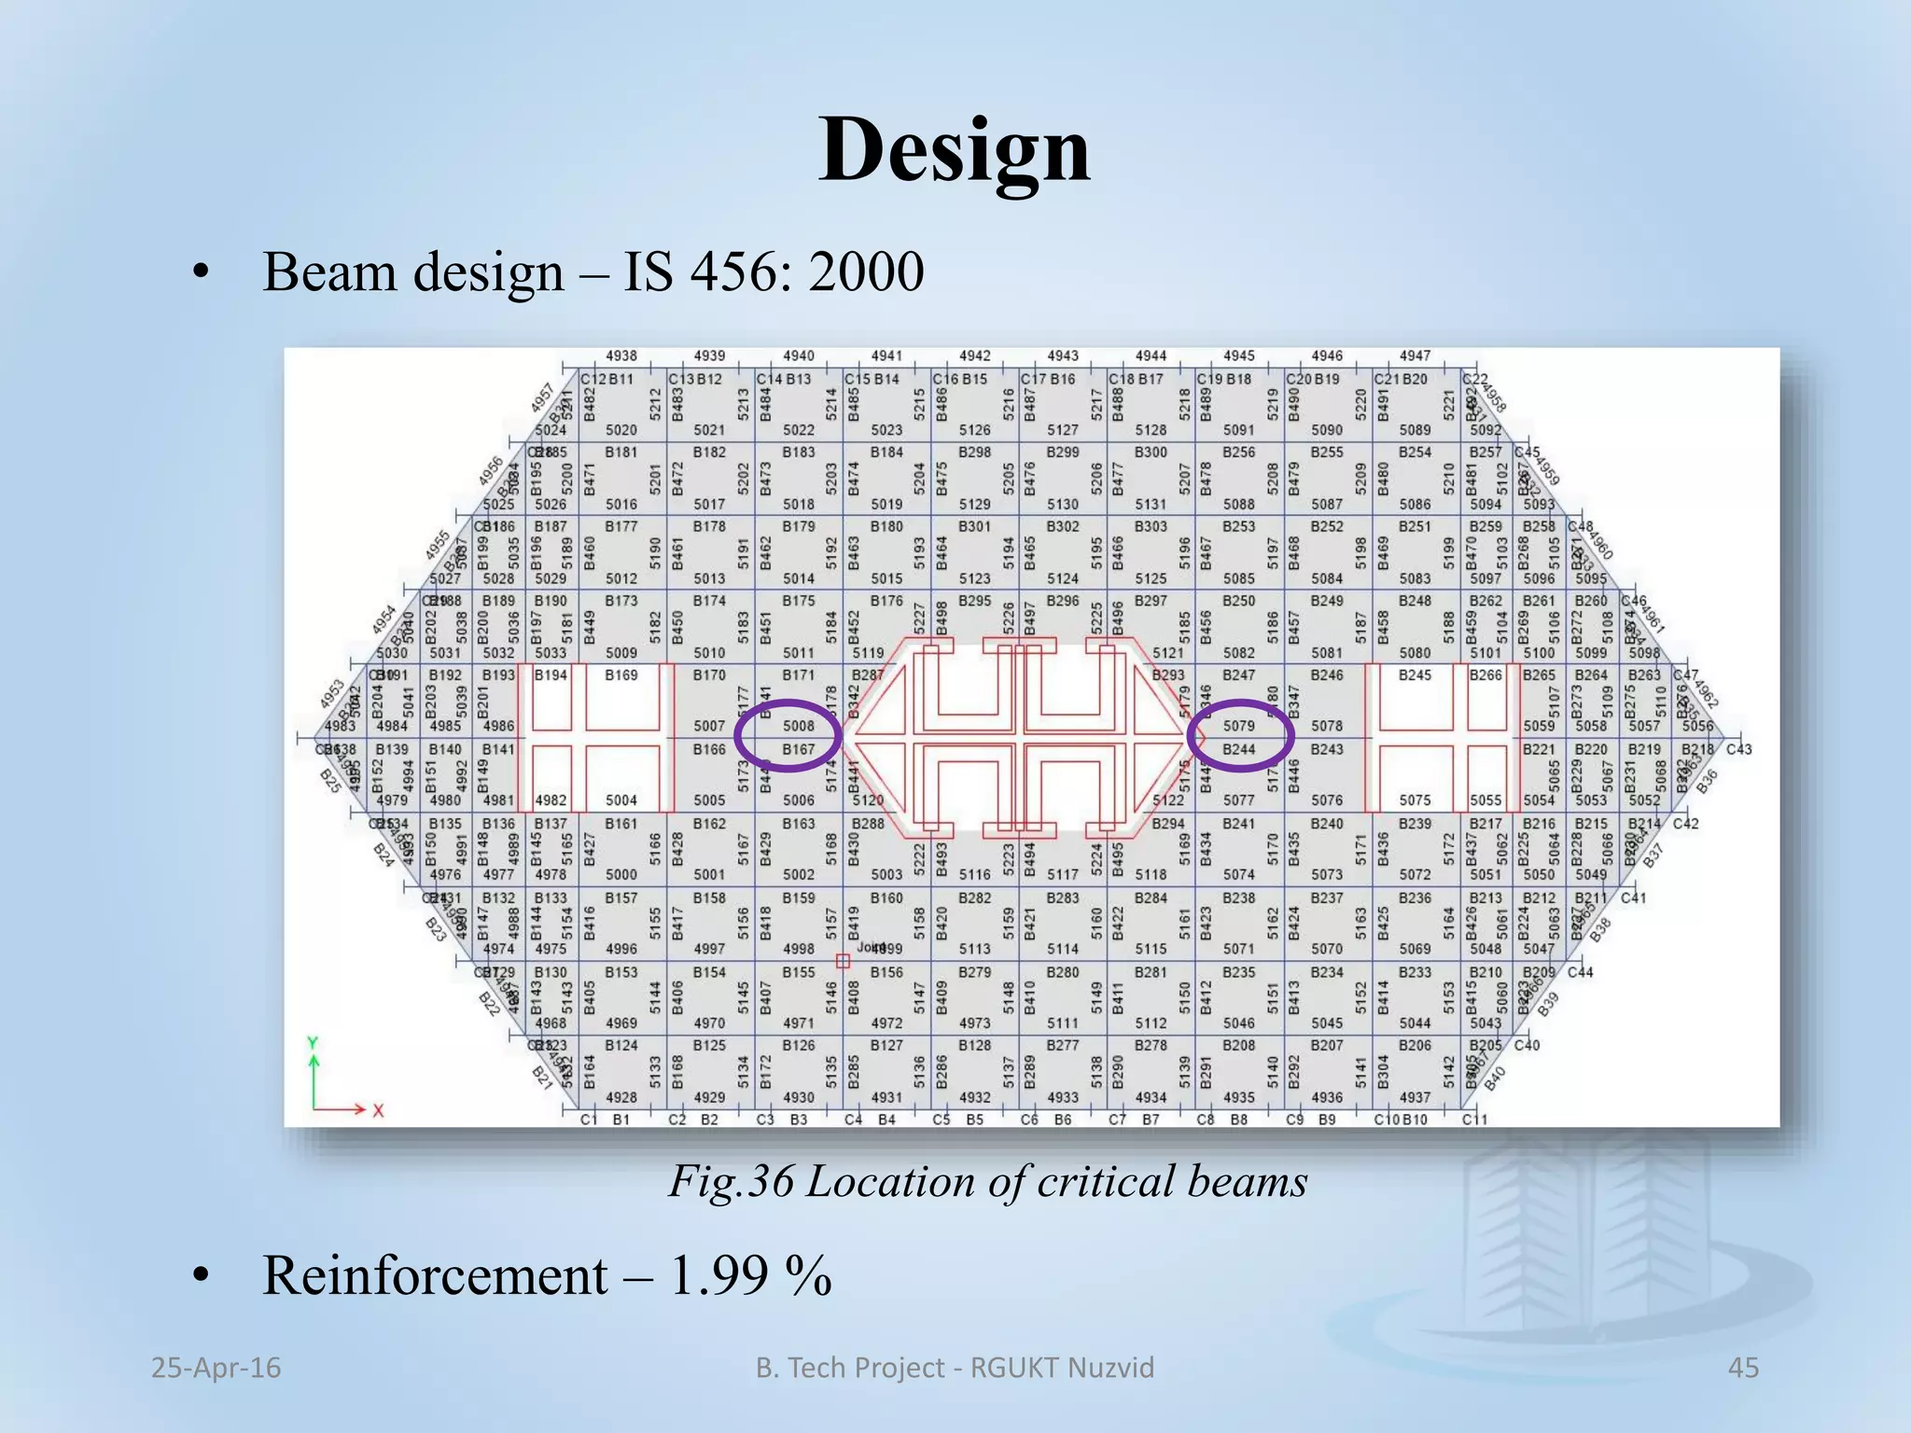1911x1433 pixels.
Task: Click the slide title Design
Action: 955,151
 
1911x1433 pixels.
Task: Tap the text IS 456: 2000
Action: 774,272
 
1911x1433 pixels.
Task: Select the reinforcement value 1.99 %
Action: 750,1275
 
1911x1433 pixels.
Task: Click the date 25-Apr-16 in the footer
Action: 216,1368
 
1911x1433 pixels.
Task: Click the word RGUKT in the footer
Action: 1014,1368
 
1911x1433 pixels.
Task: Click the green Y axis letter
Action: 314,1043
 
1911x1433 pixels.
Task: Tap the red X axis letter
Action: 378,1110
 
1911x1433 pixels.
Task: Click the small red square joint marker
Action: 843,961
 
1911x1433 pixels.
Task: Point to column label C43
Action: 1738,749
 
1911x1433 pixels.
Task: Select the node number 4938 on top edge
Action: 621,355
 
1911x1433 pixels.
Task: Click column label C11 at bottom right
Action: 1474,1120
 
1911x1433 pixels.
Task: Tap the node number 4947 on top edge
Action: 1415,355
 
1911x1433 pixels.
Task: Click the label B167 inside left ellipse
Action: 799,749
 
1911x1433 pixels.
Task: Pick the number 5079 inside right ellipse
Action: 1239,725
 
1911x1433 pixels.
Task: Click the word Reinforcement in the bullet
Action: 435,1275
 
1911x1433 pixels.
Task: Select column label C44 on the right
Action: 1581,972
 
